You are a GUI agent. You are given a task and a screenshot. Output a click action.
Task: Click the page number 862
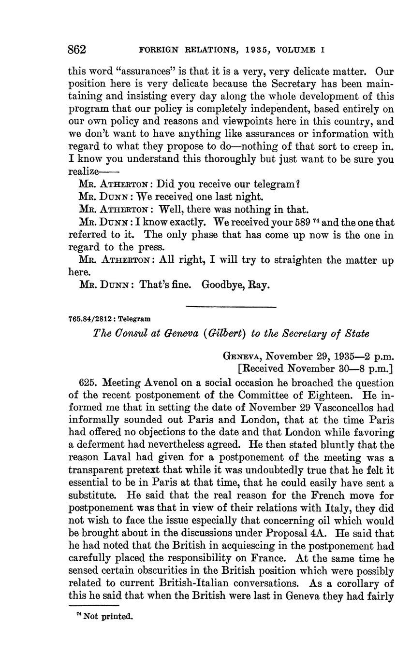click(77, 49)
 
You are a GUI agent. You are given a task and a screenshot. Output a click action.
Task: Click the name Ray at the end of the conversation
click(259, 285)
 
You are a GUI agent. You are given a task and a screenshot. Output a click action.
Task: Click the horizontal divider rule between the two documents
click(231, 307)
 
